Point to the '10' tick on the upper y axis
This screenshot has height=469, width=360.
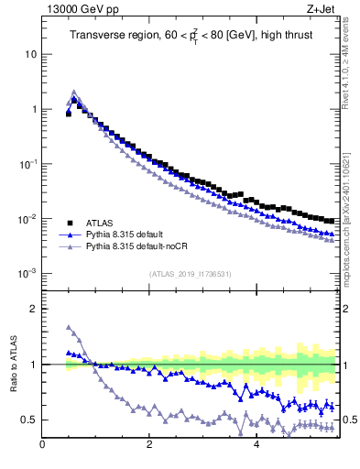[30, 54]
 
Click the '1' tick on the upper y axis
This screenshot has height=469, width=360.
[33, 109]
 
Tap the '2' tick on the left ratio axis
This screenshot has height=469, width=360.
[33, 309]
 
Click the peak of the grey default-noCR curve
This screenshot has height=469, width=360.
[74, 92]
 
